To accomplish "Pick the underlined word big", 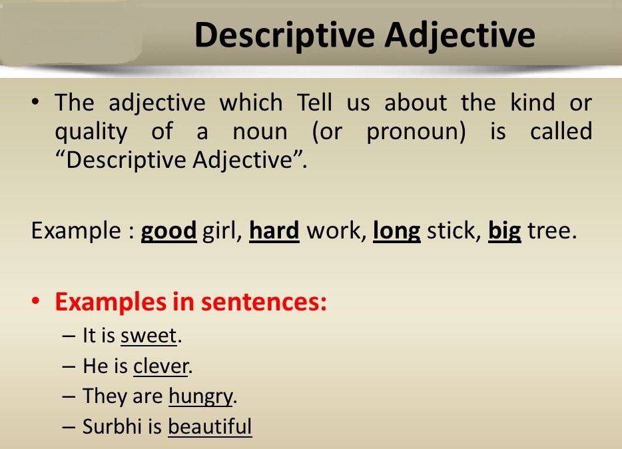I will pos(505,231).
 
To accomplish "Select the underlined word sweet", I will pos(149,336).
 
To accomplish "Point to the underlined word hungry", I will pos(201,397).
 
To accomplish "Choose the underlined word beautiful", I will pos(210,426).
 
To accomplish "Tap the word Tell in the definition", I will pos(308,103).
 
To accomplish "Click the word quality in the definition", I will pos(91,132).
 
